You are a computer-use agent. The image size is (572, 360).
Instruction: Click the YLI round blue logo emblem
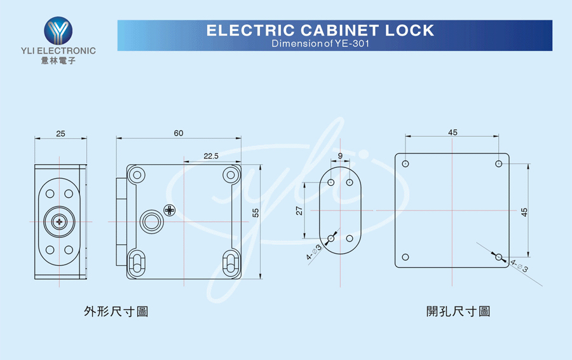coord(58,31)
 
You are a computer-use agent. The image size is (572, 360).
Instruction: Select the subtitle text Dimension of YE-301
coord(320,43)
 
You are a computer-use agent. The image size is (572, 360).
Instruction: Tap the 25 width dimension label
coord(60,134)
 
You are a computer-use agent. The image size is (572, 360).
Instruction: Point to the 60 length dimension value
coord(179,134)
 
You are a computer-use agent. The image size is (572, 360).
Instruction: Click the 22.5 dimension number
coord(211,156)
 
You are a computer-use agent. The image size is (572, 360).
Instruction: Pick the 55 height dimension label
coord(255,213)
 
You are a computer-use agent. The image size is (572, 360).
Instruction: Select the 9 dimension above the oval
coord(340,156)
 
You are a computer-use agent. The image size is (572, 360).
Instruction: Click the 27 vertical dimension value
coord(299,211)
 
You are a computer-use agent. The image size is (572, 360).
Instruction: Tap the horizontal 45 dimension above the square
coord(453,132)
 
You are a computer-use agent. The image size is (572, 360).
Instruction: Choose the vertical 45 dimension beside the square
coord(524,212)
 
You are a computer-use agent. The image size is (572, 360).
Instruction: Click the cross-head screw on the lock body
coord(170,210)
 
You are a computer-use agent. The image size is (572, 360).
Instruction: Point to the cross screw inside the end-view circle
coord(59,221)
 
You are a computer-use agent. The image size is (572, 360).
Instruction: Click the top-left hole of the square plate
coord(405,164)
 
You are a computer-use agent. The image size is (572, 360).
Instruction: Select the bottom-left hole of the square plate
coord(405,257)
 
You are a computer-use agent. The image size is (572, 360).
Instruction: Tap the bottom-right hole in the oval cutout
coord(350,239)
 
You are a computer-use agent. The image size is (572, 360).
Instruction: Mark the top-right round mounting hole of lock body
coord(231,175)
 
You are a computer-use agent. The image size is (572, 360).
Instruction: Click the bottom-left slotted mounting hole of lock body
coord(137,263)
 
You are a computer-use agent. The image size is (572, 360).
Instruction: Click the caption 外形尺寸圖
coord(116,312)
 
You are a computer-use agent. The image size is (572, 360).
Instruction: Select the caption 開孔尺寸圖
coord(458,312)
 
